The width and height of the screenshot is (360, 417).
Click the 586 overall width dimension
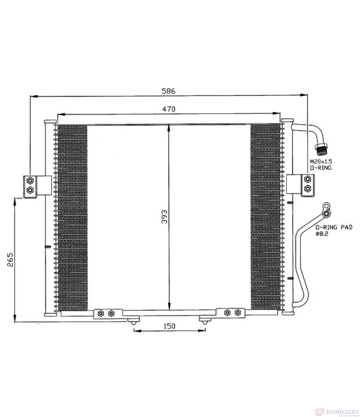169,91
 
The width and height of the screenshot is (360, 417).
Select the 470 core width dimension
169,109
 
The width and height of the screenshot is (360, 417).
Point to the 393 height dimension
164,217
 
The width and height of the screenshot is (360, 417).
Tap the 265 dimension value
10,260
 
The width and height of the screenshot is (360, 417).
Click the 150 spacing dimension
169,326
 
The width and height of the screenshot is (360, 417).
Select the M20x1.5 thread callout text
321,161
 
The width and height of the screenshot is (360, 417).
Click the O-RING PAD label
334,227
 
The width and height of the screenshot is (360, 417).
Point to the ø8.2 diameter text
322,234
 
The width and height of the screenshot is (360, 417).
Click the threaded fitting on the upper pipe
321,149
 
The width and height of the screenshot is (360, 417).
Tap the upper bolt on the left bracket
31,181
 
